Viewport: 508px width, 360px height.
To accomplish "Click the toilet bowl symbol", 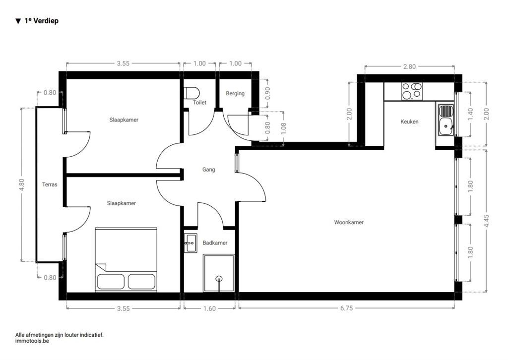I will [x=191, y=93].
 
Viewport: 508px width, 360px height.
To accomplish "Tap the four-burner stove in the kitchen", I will [x=411, y=91].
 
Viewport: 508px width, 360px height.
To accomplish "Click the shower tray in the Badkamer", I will [x=218, y=273].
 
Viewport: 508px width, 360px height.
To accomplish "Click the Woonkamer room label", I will [x=349, y=222].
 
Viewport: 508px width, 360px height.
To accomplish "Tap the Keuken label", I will [x=409, y=121].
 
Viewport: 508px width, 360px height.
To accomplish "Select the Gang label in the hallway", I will [x=209, y=170].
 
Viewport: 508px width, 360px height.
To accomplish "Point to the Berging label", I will [x=235, y=93].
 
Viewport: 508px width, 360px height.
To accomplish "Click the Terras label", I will [x=50, y=184].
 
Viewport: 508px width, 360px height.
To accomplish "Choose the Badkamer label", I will [x=215, y=243].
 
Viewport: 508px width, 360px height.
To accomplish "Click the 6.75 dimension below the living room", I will [x=346, y=308].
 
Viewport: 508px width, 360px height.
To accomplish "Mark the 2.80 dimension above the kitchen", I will [x=409, y=66].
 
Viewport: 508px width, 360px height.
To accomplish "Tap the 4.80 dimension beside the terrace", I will [x=22, y=184].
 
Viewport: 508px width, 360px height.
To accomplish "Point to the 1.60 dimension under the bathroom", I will [x=209, y=308].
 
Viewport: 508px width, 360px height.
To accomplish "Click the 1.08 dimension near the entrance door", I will [x=284, y=128].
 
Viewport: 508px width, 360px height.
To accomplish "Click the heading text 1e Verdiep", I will [x=41, y=21].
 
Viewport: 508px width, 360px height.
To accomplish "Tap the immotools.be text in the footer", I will [x=32, y=341].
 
